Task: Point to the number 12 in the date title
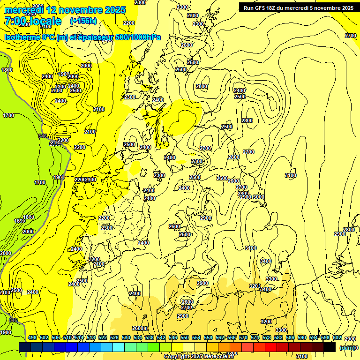[x=52, y=10]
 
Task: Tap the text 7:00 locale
[x=32, y=21]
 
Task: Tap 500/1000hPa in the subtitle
[x=138, y=37]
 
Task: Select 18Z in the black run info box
[x=275, y=8]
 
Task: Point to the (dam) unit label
[x=347, y=348]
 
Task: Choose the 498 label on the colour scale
[x=32, y=337]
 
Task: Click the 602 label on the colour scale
[x=337, y=337]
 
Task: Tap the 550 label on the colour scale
[x=185, y=337]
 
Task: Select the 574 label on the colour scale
[x=255, y=337]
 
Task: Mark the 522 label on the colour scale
[x=103, y=337]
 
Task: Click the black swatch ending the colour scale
[x=330, y=347]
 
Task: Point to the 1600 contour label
[x=19, y=221]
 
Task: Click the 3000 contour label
[x=258, y=197]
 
